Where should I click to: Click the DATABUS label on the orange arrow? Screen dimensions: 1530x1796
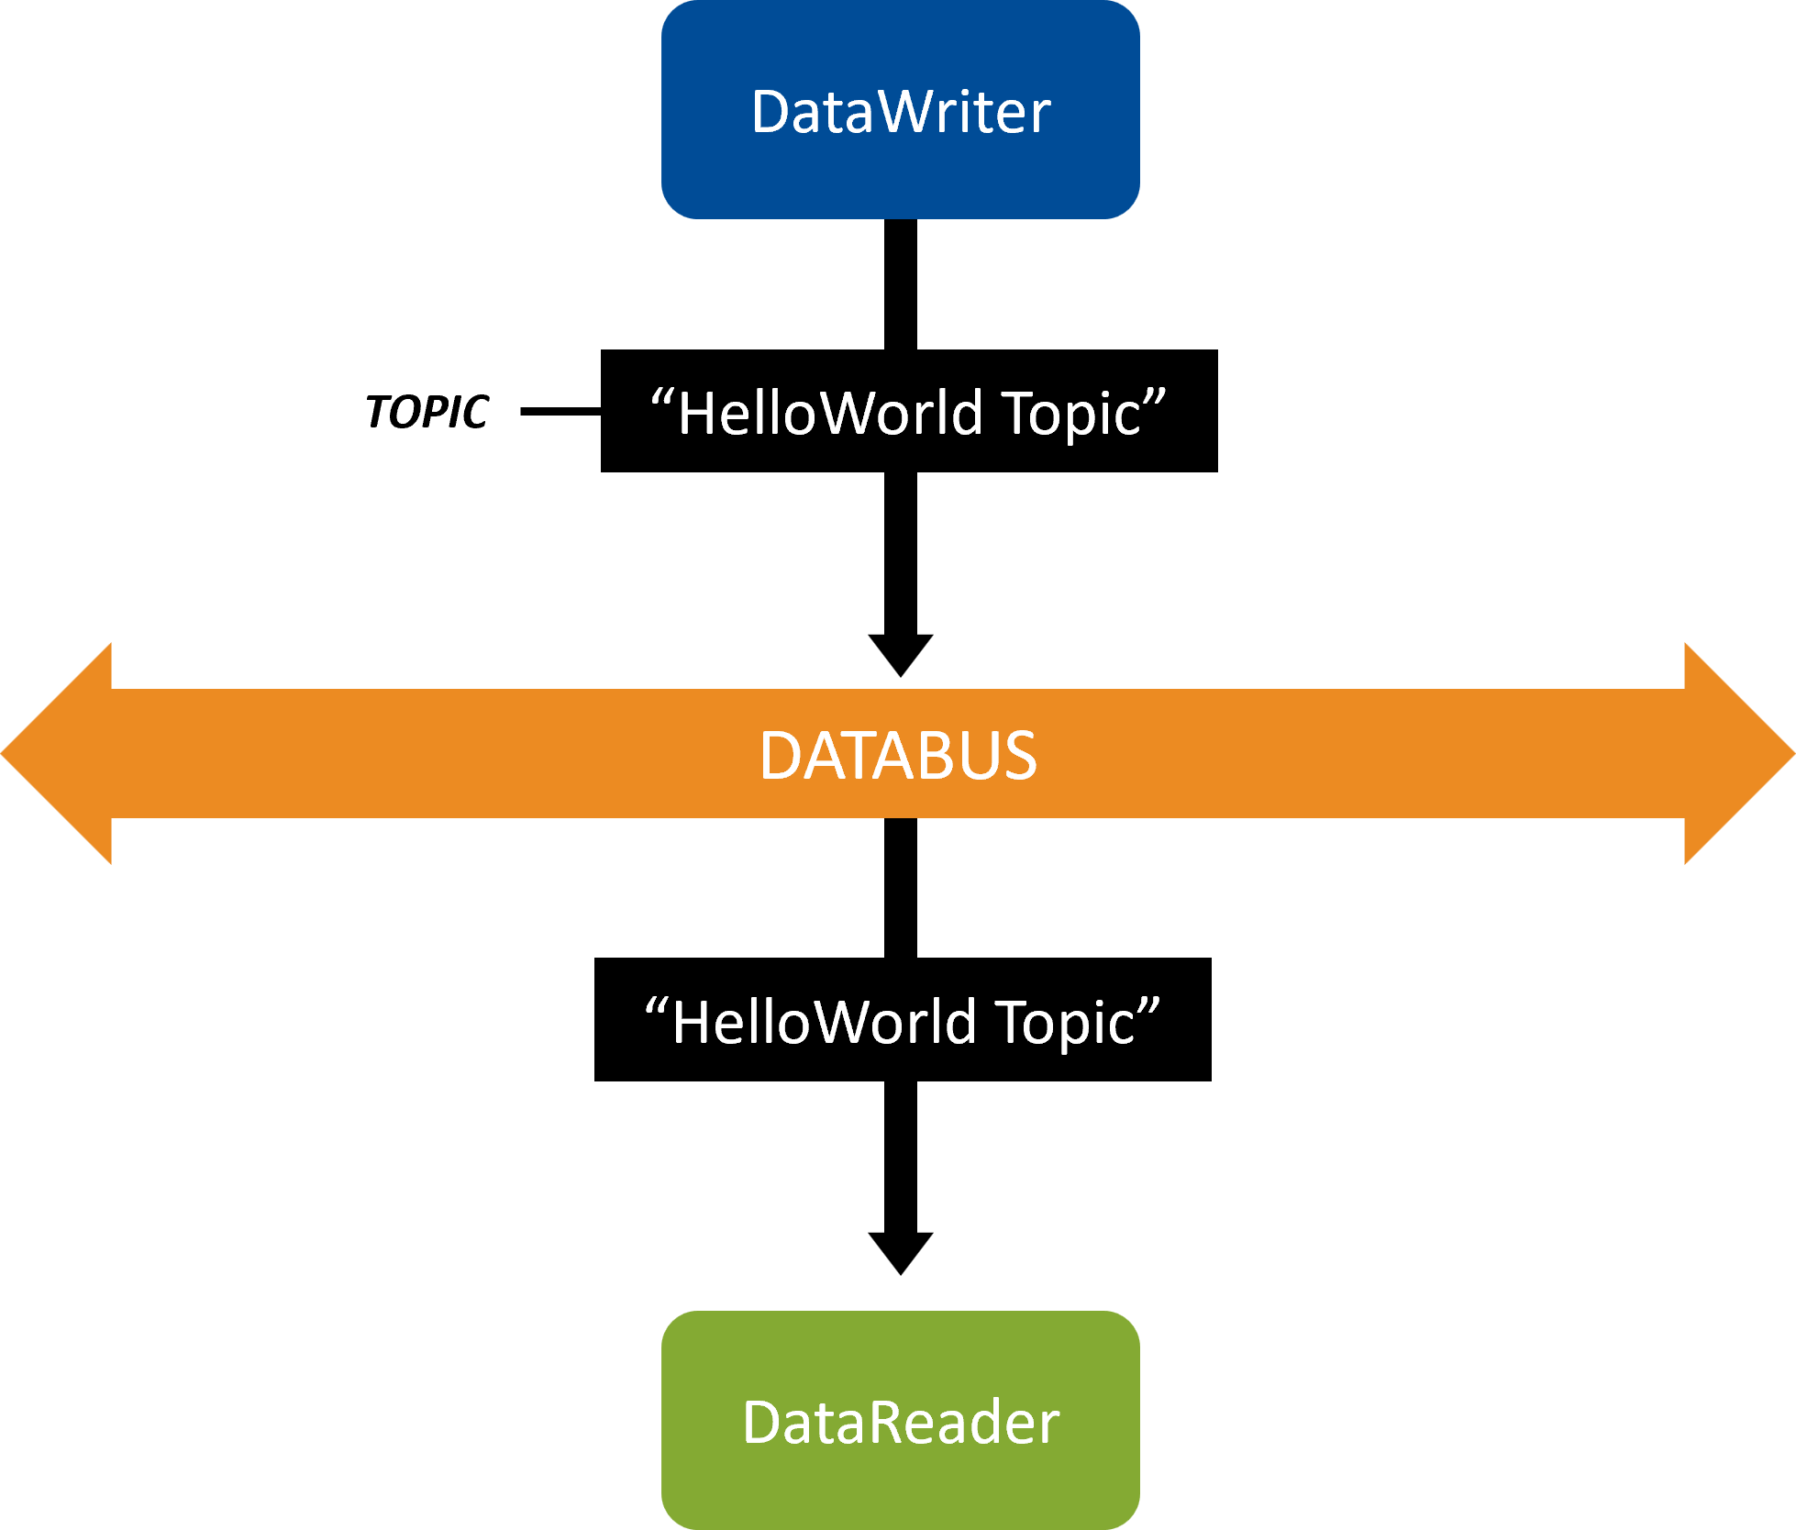(898, 756)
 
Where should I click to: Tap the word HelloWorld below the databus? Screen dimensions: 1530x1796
(824, 1023)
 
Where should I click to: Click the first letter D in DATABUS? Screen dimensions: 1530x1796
(780, 756)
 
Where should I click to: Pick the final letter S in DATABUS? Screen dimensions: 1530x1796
(1019, 756)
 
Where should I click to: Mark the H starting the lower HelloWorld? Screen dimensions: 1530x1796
(693, 1023)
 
